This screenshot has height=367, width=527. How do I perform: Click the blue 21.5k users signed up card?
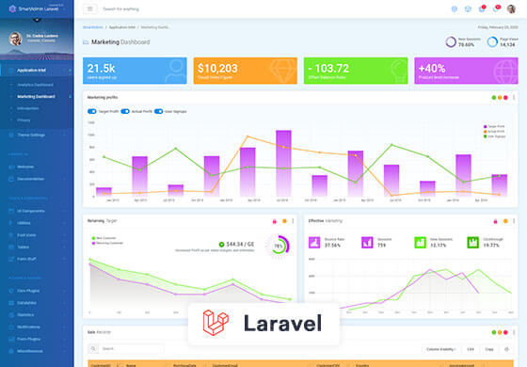point(136,72)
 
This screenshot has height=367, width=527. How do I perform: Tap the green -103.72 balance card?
point(355,72)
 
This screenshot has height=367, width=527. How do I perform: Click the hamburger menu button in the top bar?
point(89,8)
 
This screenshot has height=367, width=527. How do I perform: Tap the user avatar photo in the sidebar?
point(15,40)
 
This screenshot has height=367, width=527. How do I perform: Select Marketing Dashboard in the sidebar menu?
point(36,97)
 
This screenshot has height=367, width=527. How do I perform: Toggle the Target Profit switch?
point(91,111)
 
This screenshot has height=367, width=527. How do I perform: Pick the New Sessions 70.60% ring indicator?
point(452,42)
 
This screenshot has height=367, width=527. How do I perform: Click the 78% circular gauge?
point(279,246)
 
